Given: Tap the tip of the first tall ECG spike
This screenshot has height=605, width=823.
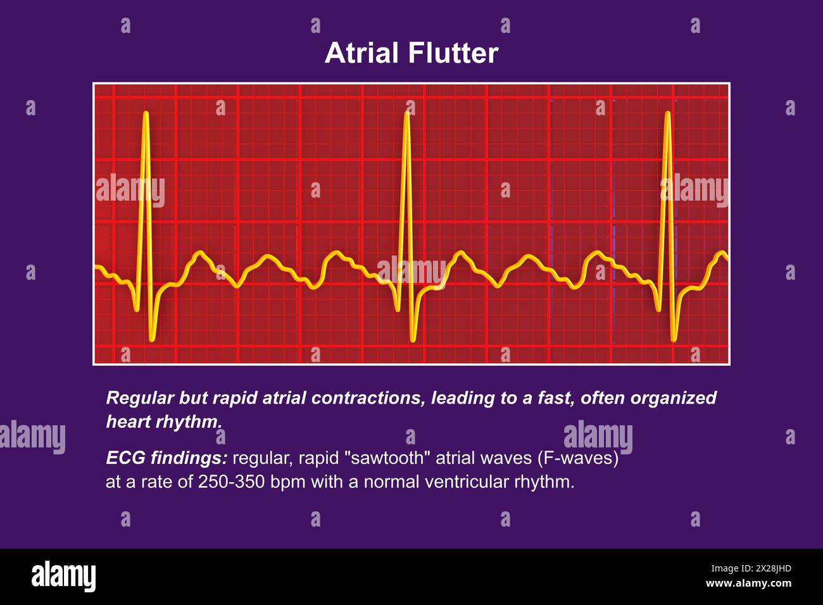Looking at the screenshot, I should click(x=146, y=113).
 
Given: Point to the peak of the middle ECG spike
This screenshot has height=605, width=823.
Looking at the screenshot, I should click(x=406, y=113).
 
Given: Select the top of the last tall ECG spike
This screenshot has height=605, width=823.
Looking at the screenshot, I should click(x=667, y=113).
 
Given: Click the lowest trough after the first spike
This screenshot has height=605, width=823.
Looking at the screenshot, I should click(x=152, y=340).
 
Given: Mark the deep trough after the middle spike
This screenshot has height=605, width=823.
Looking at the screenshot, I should click(x=413, y=340).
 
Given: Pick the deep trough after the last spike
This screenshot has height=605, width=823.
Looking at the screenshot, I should click(x=674, y=340).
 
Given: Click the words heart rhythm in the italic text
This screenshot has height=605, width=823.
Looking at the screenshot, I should click(x=164, y=421).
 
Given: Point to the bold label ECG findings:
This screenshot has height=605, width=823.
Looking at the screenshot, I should click(x=166, y=458).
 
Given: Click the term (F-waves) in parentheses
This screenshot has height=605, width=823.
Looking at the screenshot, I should click(x=577, y=458).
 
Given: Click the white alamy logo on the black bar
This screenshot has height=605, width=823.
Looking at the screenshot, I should click(x=64, y=576).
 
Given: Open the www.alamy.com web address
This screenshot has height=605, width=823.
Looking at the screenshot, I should click(x=748, y=583).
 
